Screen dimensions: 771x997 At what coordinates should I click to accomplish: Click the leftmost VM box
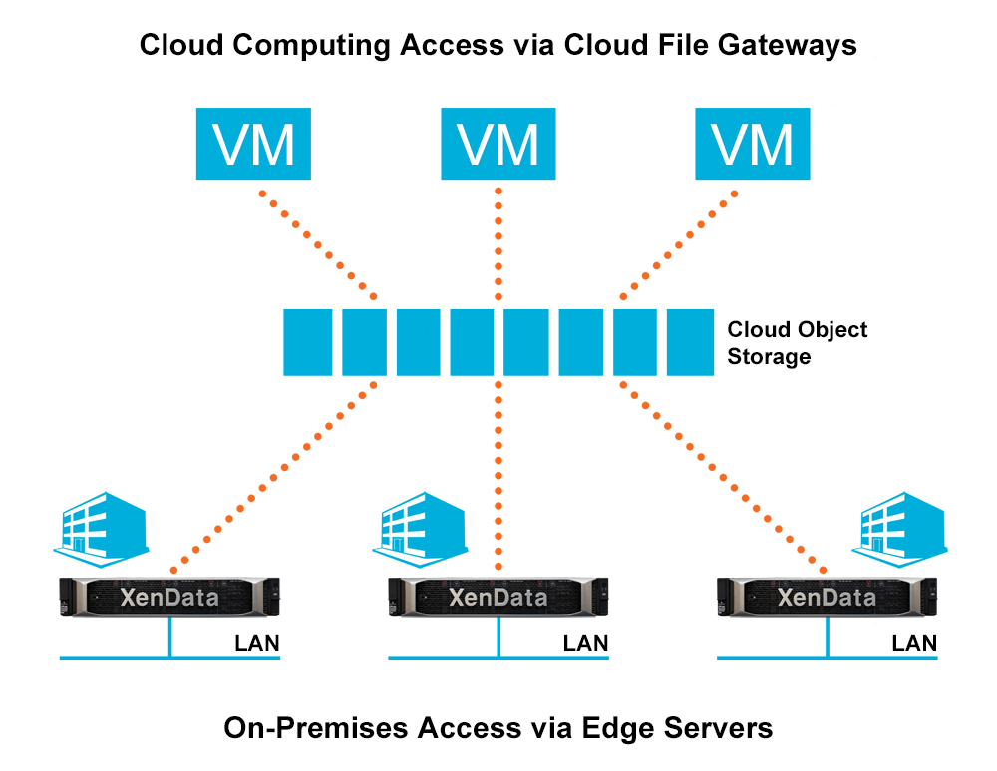(x=253, y=145)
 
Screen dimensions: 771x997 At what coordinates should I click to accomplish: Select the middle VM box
(x=498, y=145)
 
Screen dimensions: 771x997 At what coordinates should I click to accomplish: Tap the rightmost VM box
(x=753, y=145)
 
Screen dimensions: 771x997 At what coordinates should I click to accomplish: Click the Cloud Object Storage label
(x=797, y=342)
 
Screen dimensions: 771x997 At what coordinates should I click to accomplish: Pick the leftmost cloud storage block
(x=308, y=342)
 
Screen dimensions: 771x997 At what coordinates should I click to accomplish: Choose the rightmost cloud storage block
(x=691, y=342)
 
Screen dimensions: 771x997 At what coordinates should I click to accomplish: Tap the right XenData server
(x=827, y=597)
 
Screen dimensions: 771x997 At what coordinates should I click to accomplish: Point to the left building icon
(x=101, y=523)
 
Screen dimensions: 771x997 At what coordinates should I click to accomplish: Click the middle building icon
(x=428, y=523)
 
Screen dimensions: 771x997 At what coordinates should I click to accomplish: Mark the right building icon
(x=901, y=523)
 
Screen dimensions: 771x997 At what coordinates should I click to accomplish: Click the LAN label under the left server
(x=257, y=643)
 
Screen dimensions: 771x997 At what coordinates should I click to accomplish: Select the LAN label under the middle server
(x=585, y=643)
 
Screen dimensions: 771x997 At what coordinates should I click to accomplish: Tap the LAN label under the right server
(x=914, y=643)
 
